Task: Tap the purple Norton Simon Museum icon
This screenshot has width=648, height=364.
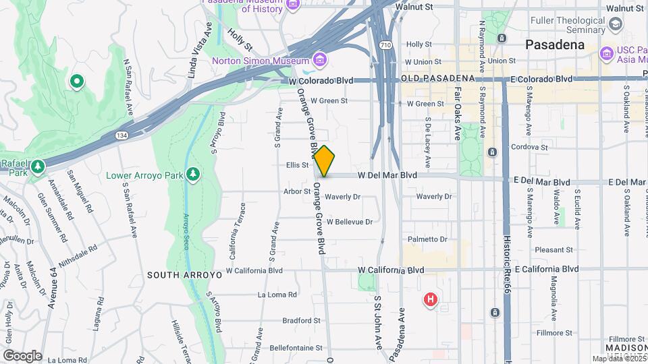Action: point(320,61)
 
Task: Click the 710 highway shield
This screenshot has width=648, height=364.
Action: point(385,45)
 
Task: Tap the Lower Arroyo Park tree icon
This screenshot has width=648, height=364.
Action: point(193,175)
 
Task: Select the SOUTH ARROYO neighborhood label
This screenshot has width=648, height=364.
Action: point(175,275)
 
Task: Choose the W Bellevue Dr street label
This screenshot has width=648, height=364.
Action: point(349,221)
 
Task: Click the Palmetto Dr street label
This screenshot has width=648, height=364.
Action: point(427,239)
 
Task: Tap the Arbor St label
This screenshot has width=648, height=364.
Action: point(297,191)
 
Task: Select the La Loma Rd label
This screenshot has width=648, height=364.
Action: point(277,295)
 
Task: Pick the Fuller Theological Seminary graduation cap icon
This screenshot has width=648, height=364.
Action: point(615,25)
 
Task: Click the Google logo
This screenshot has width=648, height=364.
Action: point(22,355)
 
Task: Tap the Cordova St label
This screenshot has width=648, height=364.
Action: point(530,146)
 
